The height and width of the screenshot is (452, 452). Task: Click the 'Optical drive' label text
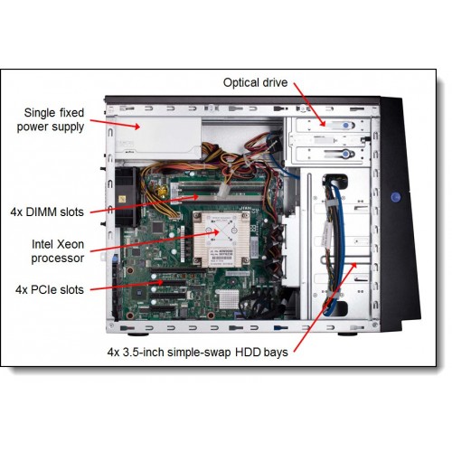pyautogui.click(x=255, y=82)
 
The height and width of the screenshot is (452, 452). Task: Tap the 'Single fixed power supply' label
pyautogui.click(x=51, y=119)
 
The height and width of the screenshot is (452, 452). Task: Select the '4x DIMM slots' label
pyautogui.click(x=47, y=212)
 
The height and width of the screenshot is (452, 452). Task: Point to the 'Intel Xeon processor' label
pyautogui.click(x=58, y=251)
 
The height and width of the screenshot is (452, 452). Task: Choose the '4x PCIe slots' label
pyautogui.click(x=50, y=290)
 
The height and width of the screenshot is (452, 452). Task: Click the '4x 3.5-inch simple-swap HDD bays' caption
pyautogui.click(x=197, y=353)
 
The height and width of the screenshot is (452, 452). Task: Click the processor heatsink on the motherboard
pyautogui.click(x=221, y=239)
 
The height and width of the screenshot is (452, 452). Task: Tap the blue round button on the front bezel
pyautogui.click(x=396, y=197)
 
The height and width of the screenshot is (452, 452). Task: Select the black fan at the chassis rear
pyautogui.click(x=127, y=197)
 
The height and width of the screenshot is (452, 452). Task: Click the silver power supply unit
pyautogui.click(x=158, y=138)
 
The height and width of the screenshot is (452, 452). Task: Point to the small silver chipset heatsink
pyautogui.click(x=227, y=299)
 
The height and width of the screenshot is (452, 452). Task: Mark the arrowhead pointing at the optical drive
pyautogui.click(x=323, y=123)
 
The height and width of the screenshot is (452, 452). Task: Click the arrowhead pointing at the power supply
pyautogui.click(x=137, y=127)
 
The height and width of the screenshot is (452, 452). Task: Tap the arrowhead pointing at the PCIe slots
pyautogui.click(x=160, y=282)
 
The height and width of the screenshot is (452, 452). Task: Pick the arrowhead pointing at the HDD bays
pyautogui.click(x=354, y=265)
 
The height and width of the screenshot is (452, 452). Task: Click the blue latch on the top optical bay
pyautogui.click(x=346, y=125)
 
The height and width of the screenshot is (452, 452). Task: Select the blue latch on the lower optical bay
pyautogui.click(x=345, y=155)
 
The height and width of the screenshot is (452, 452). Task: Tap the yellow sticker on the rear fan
pyautogui.click(x=122, y=199)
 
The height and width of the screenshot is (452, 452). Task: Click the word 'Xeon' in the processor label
pyautogui.click(x=71, y=244)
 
